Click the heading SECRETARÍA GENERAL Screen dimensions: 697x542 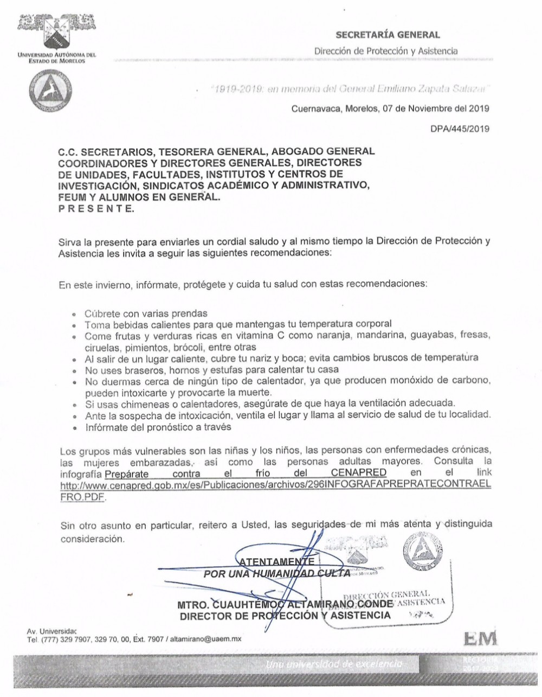click(x=388, y=35)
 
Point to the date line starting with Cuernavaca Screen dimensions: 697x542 click(x=390, y=108)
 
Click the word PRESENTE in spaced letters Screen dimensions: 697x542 click(x=96, y=208)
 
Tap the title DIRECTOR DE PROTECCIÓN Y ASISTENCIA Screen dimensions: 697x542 click(x=285, y=615)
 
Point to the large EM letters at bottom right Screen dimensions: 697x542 click(x=480, y=640)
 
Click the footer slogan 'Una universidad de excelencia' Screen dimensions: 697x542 click(x=335, y=664)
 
